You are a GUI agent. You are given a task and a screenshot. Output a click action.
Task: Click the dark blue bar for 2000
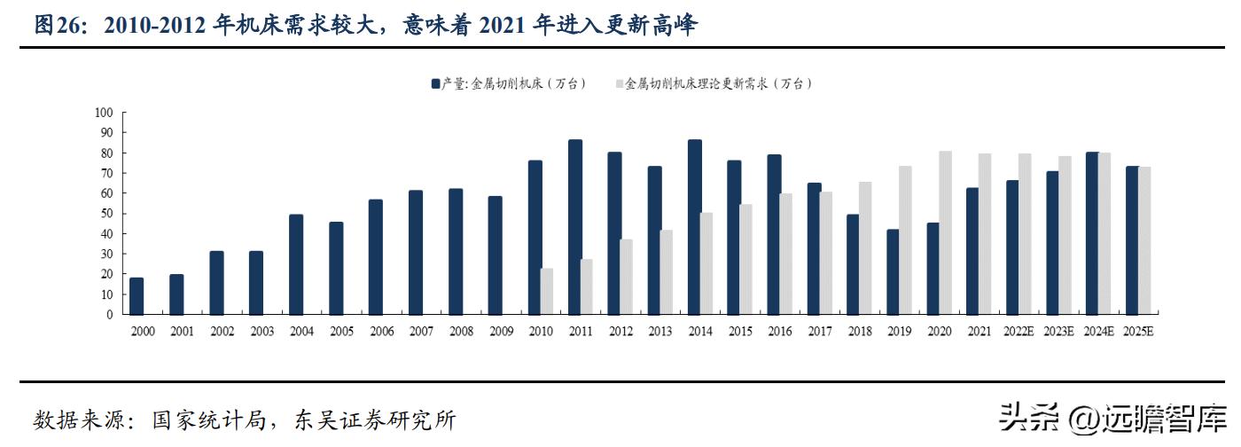(x=137, y=296)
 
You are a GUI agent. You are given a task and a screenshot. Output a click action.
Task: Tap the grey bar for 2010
(x=547, y=291)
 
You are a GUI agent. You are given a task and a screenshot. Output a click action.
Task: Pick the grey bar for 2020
(x=945, y=232)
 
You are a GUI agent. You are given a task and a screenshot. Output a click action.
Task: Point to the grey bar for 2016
(x=786, y=254)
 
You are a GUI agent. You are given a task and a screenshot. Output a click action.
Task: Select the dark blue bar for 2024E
(x=1092, y=233)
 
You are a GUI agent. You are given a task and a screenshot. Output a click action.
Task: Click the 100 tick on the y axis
(x=104, y=113)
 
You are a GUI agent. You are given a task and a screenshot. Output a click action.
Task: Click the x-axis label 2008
(x=461, y=331)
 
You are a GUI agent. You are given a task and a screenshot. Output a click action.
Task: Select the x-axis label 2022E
(x=1018, y=331)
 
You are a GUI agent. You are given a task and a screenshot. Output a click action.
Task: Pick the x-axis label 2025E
(x=1137, y=331)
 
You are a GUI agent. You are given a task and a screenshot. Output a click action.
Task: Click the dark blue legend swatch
(x=435, y=83)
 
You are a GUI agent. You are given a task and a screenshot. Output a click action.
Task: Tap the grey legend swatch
(x=619, y=83)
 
